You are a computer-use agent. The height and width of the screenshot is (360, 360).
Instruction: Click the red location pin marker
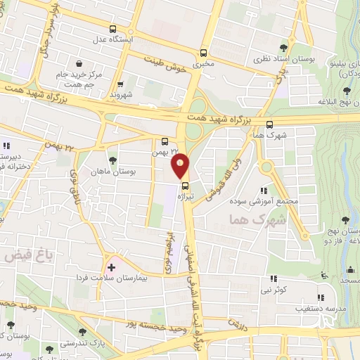(181, 166)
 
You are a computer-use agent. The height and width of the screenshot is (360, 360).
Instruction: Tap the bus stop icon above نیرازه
(186, 186)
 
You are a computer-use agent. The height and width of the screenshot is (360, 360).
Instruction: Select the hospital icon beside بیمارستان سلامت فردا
(110, 267)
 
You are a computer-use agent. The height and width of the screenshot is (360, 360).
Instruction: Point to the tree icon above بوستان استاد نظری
(283, 47)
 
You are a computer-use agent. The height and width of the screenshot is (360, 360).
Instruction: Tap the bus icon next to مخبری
(203, 52)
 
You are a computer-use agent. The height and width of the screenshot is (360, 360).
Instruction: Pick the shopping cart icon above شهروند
(121, 83)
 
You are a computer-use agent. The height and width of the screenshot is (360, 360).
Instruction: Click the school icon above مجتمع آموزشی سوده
(264, 190)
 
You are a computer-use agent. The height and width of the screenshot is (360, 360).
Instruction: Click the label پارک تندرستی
(77, 344)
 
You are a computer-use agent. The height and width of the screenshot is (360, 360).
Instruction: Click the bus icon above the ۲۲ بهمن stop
(165, 140)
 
